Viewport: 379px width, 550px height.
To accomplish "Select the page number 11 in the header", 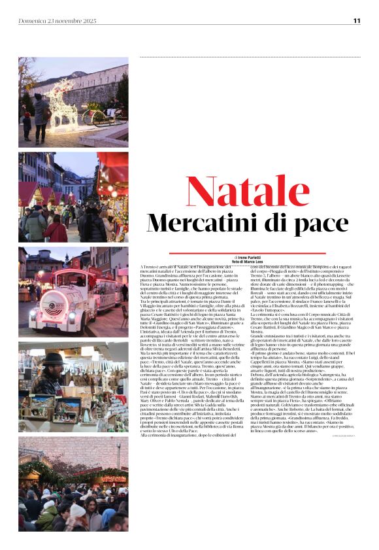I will [x=357, y=21].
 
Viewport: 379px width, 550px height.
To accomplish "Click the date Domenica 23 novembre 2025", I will [x=58, y=21].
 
